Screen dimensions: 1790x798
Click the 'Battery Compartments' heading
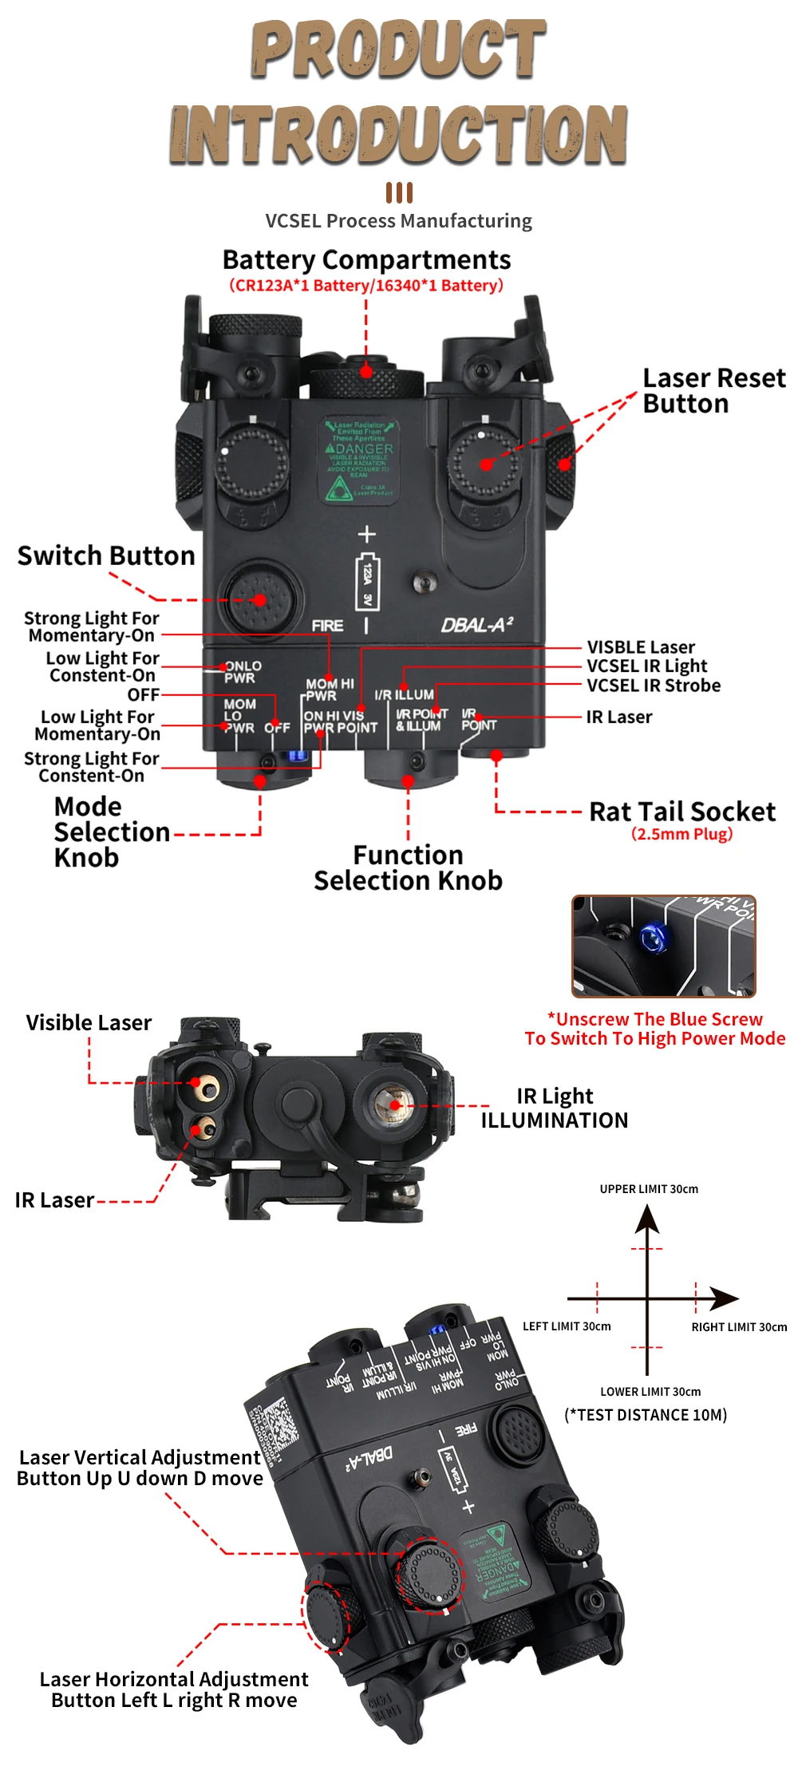coord(366,260)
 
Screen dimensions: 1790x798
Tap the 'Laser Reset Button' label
coord(713,391)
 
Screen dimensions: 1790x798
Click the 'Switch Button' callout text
coord(106,555)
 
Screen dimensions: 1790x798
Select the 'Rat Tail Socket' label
coord(681,812)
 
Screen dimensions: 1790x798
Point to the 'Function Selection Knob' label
coord(408,868)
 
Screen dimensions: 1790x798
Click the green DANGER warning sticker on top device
coord(360,460)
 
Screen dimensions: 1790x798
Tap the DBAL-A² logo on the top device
coord(477,625)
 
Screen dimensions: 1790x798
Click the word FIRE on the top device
coord(328,626)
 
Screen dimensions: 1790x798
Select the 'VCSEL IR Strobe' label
coord(654,686)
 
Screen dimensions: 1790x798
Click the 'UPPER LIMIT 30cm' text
coord(649,1189)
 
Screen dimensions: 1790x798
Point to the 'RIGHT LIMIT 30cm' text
coord(739,1327)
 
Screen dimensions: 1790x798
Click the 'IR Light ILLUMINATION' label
coord(555,1108)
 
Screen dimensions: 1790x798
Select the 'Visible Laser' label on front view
coord(89,1023)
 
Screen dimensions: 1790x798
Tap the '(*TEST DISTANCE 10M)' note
coord(646,1415)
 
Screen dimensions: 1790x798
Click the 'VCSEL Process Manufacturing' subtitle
coord(398,221)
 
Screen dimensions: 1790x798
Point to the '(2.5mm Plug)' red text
coord(681,834)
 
